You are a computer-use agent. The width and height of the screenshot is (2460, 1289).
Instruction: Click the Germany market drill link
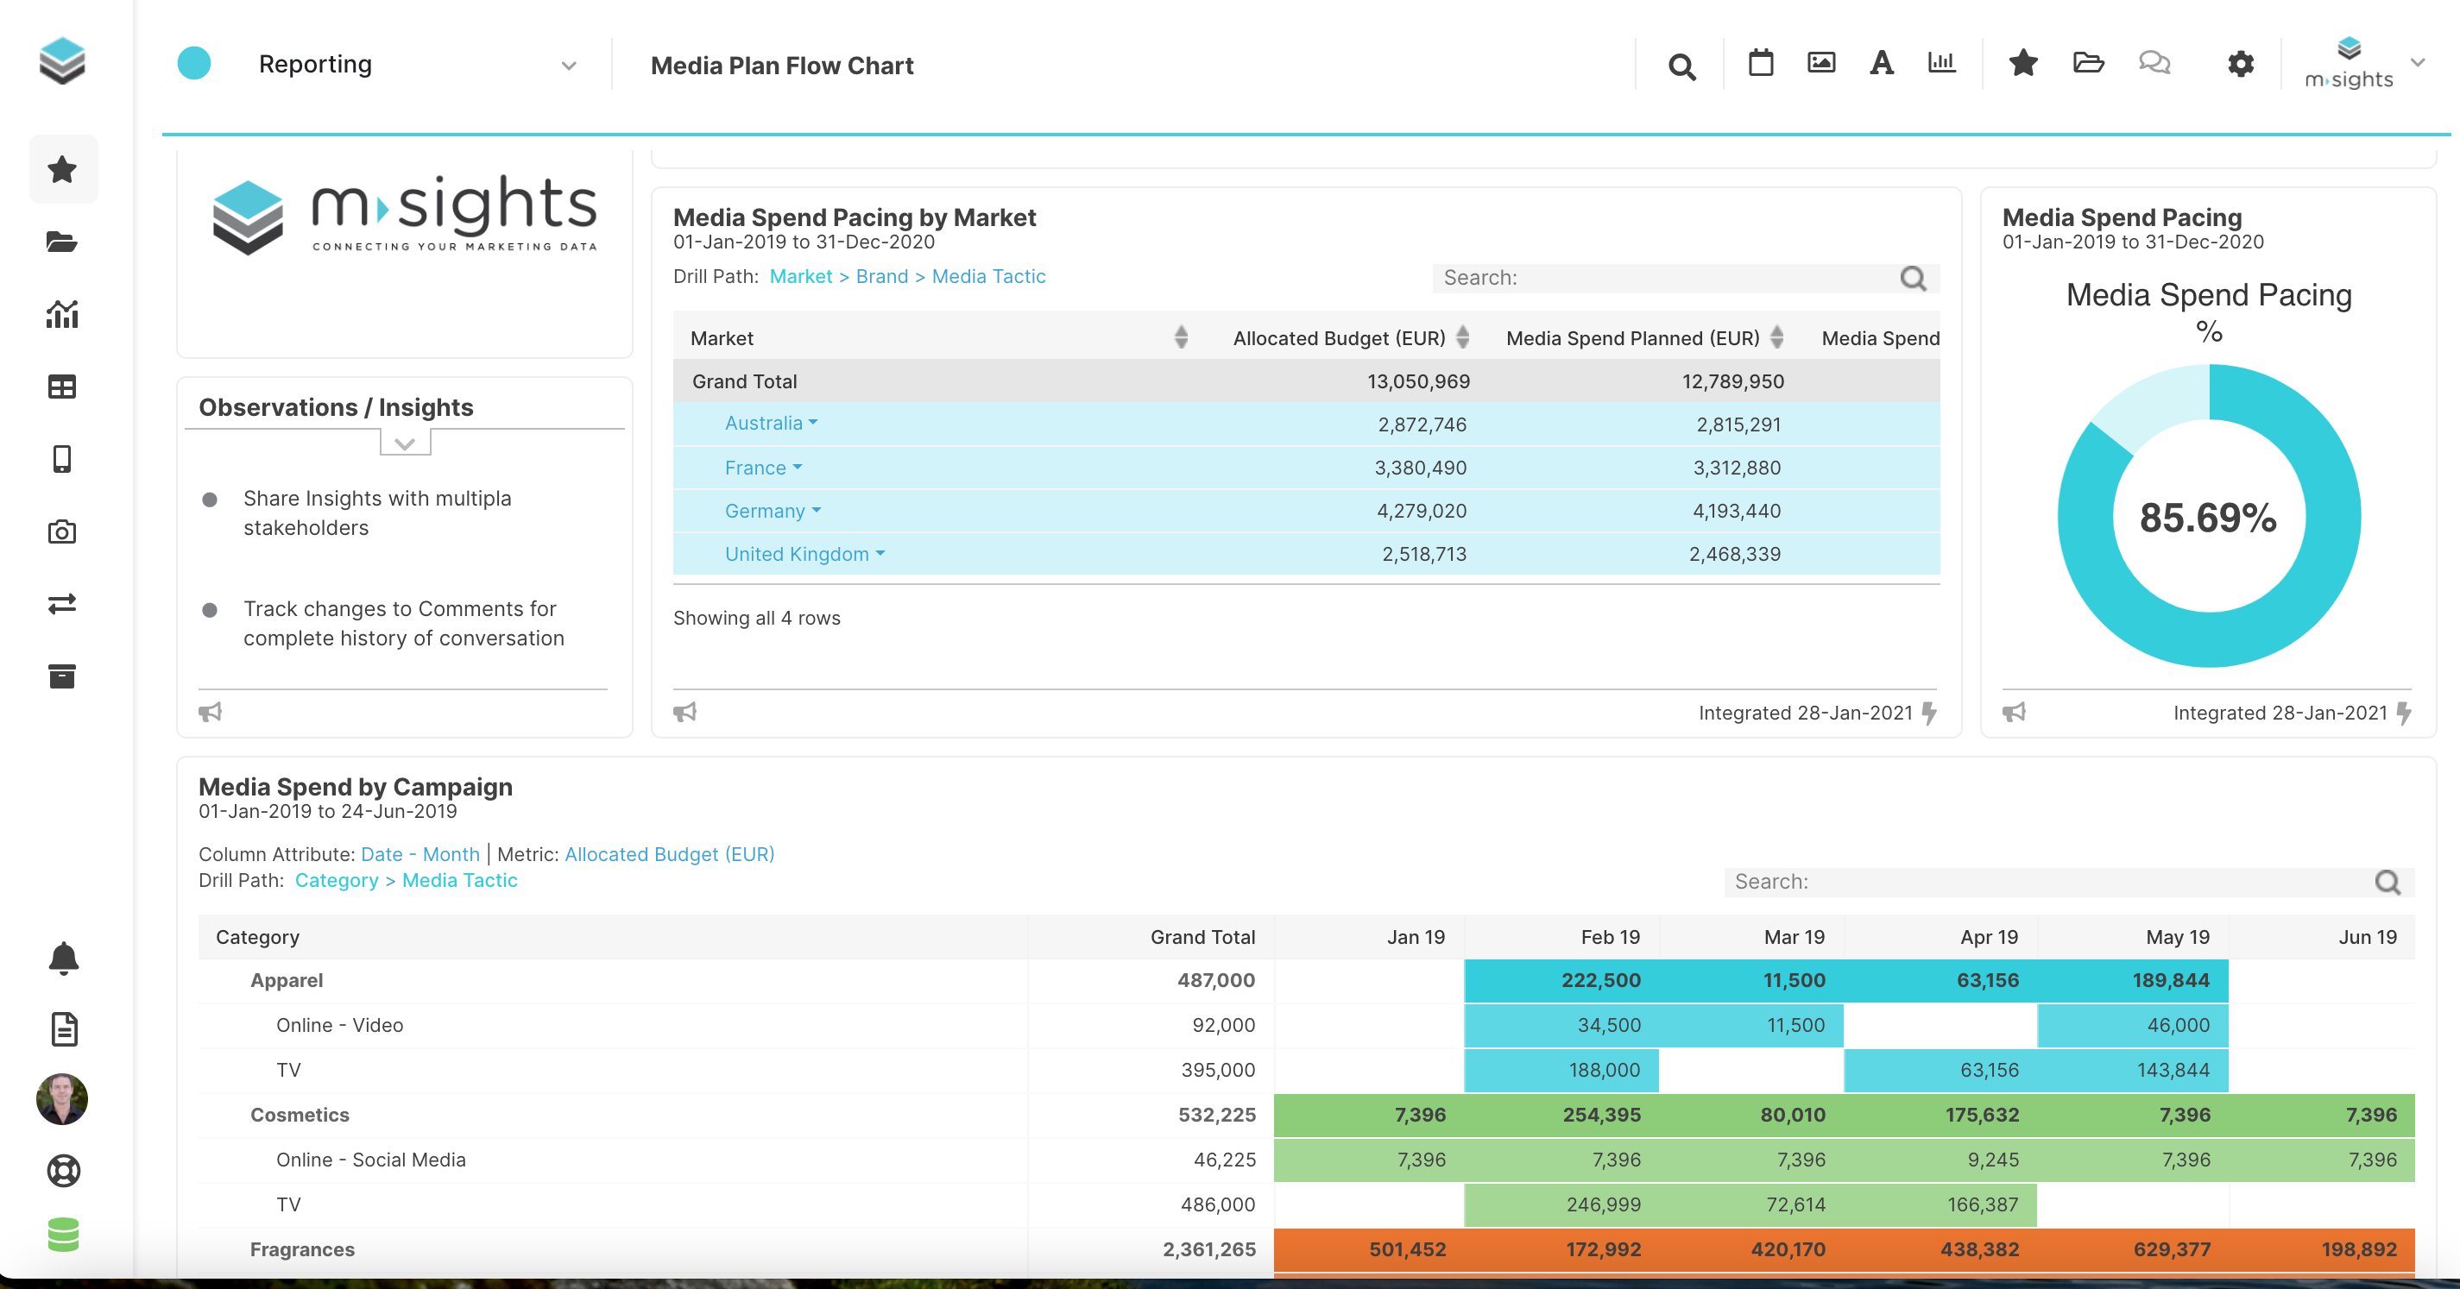pos(766,511)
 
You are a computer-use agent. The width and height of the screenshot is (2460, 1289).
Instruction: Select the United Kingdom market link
pos(798,554)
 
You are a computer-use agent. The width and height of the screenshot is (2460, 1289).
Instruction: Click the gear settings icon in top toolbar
pos(2241,64)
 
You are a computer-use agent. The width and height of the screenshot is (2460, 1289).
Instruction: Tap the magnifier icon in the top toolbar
pos(1681,66)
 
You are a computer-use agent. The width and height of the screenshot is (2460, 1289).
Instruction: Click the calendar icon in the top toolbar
pos(1760,63)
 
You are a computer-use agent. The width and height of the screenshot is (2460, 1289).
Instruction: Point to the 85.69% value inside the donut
pos(2208,518)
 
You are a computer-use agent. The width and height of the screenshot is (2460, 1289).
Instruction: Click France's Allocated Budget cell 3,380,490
pos(1420,468)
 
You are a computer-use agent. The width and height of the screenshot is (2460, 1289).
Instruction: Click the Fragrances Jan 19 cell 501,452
pos(1407,1249)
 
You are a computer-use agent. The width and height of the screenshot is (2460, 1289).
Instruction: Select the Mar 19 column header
pos(1794,937)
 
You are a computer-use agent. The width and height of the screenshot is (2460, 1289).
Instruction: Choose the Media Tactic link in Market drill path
pos(988,276)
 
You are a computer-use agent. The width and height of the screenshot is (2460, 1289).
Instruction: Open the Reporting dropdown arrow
pos(569,65)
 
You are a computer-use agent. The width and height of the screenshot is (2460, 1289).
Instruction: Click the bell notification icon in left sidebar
pos(63,958)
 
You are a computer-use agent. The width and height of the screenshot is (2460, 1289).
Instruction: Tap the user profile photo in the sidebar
pos(62,1098)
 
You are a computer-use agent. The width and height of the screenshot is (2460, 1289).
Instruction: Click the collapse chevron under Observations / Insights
pos(405,443)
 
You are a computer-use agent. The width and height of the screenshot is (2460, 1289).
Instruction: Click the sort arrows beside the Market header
pos(1182,337)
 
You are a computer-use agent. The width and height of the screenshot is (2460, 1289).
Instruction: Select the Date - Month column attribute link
pos(420,853)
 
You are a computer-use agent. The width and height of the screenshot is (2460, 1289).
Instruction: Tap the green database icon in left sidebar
pos(63,1234)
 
